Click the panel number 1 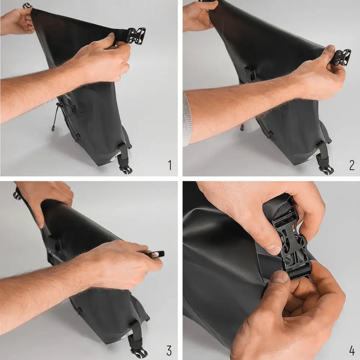coord(169,165)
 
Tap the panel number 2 coord(351,165)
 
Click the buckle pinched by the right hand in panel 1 coord(136,35)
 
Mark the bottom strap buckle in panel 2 coord(326,168)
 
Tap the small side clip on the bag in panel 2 coord(250,73)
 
